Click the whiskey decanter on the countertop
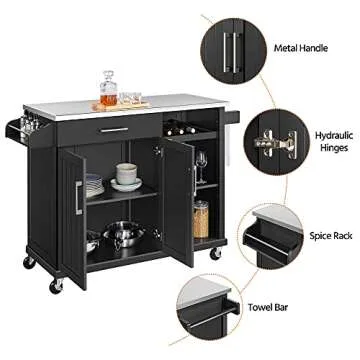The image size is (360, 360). click(x=108, y=88)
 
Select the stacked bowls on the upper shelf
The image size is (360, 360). click(x=127, y=176)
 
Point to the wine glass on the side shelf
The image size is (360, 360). click(x=201, y=164)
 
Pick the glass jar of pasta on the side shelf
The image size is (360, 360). click(x=201, y=218)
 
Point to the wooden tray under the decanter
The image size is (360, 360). click(x=122, y=103)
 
